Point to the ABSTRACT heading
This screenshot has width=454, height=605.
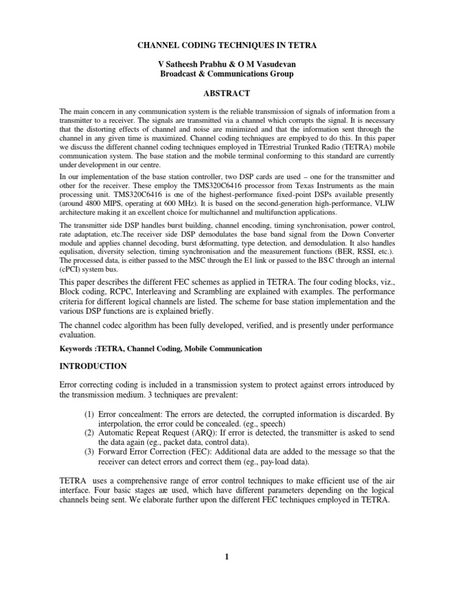tap(226, 93)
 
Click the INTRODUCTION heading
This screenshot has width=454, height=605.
tap(93, 366)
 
